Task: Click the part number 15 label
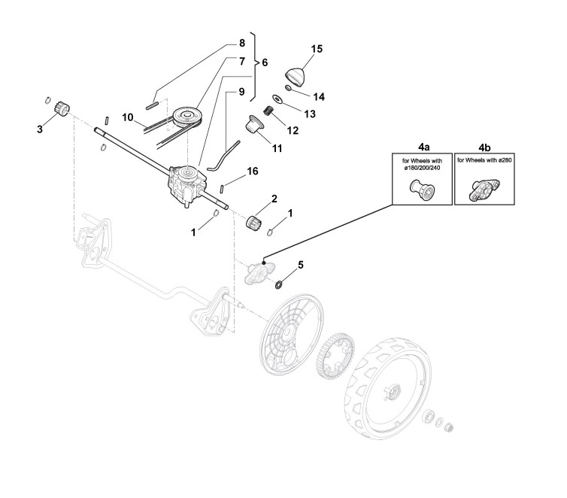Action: tap(317, 49)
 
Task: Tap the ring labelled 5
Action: tap(279, 285)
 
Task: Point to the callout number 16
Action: tap(253, 172)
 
